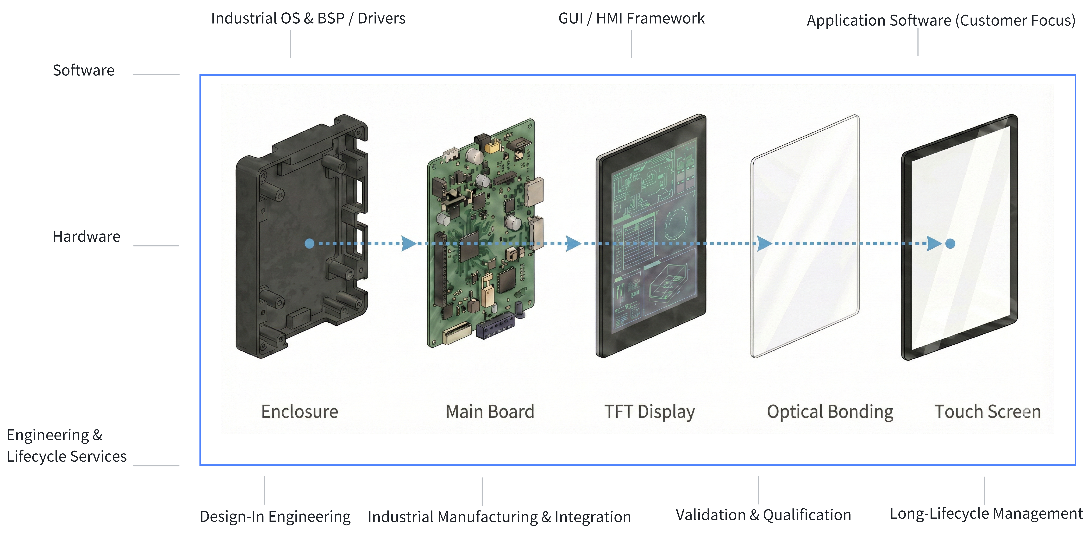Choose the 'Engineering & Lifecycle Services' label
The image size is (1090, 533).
66,445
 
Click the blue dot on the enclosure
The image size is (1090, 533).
309,244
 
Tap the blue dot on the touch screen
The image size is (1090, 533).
950,244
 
